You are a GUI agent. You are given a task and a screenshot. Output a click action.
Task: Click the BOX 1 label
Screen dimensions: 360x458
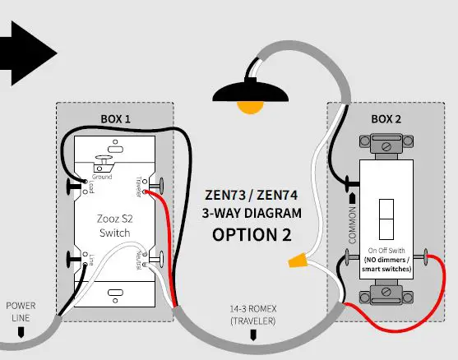[115, 118]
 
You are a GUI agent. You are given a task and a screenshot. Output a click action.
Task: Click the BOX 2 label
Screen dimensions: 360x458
[386, 118]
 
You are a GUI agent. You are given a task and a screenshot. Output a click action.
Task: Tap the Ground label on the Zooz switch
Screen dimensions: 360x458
[103, 176]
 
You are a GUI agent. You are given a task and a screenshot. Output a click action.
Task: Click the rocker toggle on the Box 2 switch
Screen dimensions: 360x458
[386, 216]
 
